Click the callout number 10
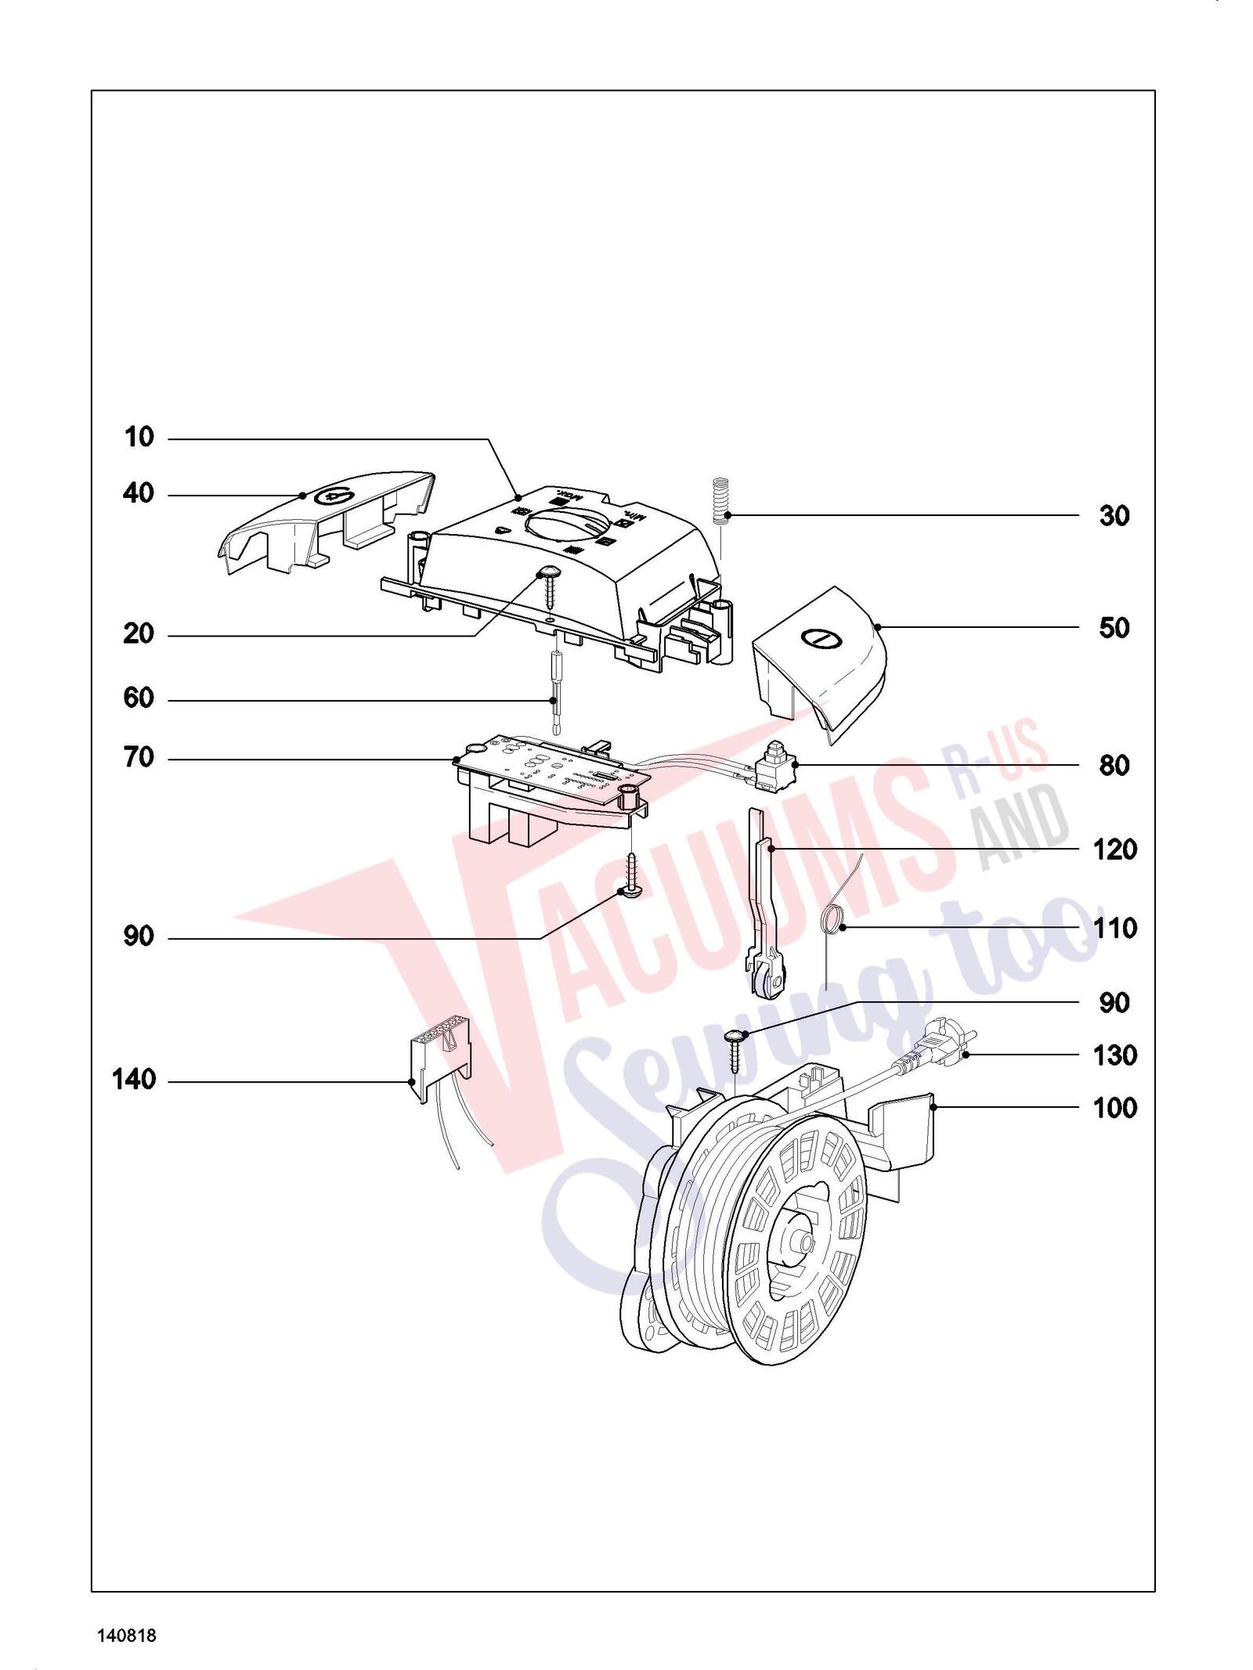coord(139,438)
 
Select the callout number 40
coord(139,494)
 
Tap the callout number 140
coord(134,1080)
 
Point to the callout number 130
coord(1115,1055)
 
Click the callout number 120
coord(1115,849)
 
